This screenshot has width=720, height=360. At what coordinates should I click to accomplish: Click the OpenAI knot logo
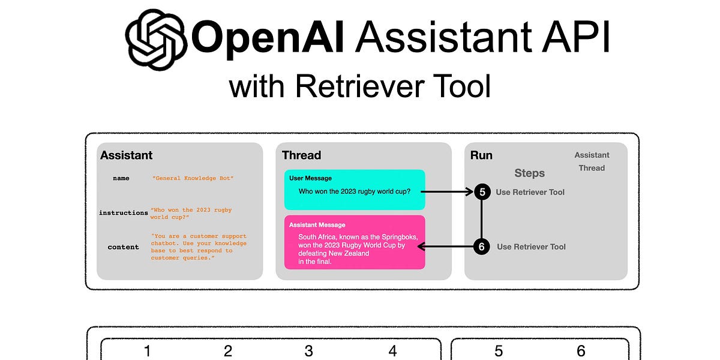pyautogui.click(x=155, y=40)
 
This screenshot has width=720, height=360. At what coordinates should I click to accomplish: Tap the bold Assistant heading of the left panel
pyautogui.click(x=126, y=155)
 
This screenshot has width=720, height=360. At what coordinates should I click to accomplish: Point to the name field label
pyautogui.click(x=121, y=178)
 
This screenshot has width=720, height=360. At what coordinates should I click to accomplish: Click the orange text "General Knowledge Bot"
pyautogui.click(x=193, y=178)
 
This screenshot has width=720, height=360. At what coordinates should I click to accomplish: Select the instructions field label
pyautogui.click(x=123, y=213)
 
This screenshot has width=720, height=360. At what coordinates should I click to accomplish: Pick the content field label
pyautogui.click(x=123, y=247)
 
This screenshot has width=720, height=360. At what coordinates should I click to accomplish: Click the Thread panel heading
pyautogui.click(x=301, y=155)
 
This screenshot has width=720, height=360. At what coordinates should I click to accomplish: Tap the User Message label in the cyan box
pyautogui.click(x=310, y=178)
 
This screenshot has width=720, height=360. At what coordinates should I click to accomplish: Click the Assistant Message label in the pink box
pyautogui.click(x=317, y=225)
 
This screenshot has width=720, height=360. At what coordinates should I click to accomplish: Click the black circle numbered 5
pyautogui.click(x=482, y=192)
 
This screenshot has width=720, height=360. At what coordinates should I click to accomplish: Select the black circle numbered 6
pyautogui.click(x=482, y=247)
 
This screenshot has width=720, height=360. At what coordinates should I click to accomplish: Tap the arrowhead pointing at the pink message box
pyautogui.click(x=422, y=247)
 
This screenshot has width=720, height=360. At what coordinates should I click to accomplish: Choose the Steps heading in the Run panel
pyautogui.click(x=529, y=173)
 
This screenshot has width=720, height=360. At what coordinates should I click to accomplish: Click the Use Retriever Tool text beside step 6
pyautogui.click(x=531, y=247)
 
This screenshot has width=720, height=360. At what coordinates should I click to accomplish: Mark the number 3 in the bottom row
pyautogui.click(x=308, y=351)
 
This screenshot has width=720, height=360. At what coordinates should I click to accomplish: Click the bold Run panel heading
pyautogui.click(x=481, y=155)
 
